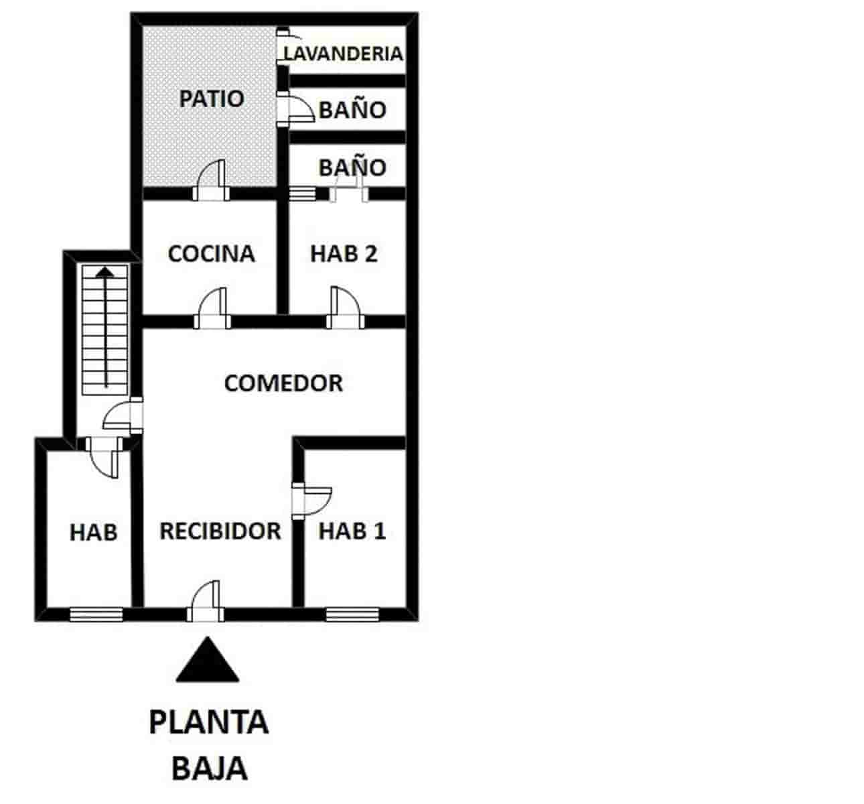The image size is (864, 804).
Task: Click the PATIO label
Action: click(211, 99)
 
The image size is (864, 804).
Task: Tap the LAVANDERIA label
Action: click(344, 54)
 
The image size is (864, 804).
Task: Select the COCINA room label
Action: click(211, 254)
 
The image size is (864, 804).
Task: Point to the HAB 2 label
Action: click(344, 254)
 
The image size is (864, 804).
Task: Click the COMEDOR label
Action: click(283, 383)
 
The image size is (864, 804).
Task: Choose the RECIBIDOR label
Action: click(220, 531)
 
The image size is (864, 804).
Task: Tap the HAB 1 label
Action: click(352, 531)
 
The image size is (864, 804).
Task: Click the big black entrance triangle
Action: click(208, 661)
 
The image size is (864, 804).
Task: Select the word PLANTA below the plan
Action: click(208, 723)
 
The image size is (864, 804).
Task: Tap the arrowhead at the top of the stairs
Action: click(104, 272)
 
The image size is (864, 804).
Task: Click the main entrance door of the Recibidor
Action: click(206, 602)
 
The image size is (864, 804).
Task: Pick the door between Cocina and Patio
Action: click(212, 182)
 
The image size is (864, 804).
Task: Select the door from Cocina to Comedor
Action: click(212, 310)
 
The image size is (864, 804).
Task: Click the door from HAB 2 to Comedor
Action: click(345, 310)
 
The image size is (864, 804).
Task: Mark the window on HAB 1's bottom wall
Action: click(352, 614)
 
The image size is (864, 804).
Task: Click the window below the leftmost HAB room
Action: click(96, 614)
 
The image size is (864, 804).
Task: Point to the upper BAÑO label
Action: click(352, 110)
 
